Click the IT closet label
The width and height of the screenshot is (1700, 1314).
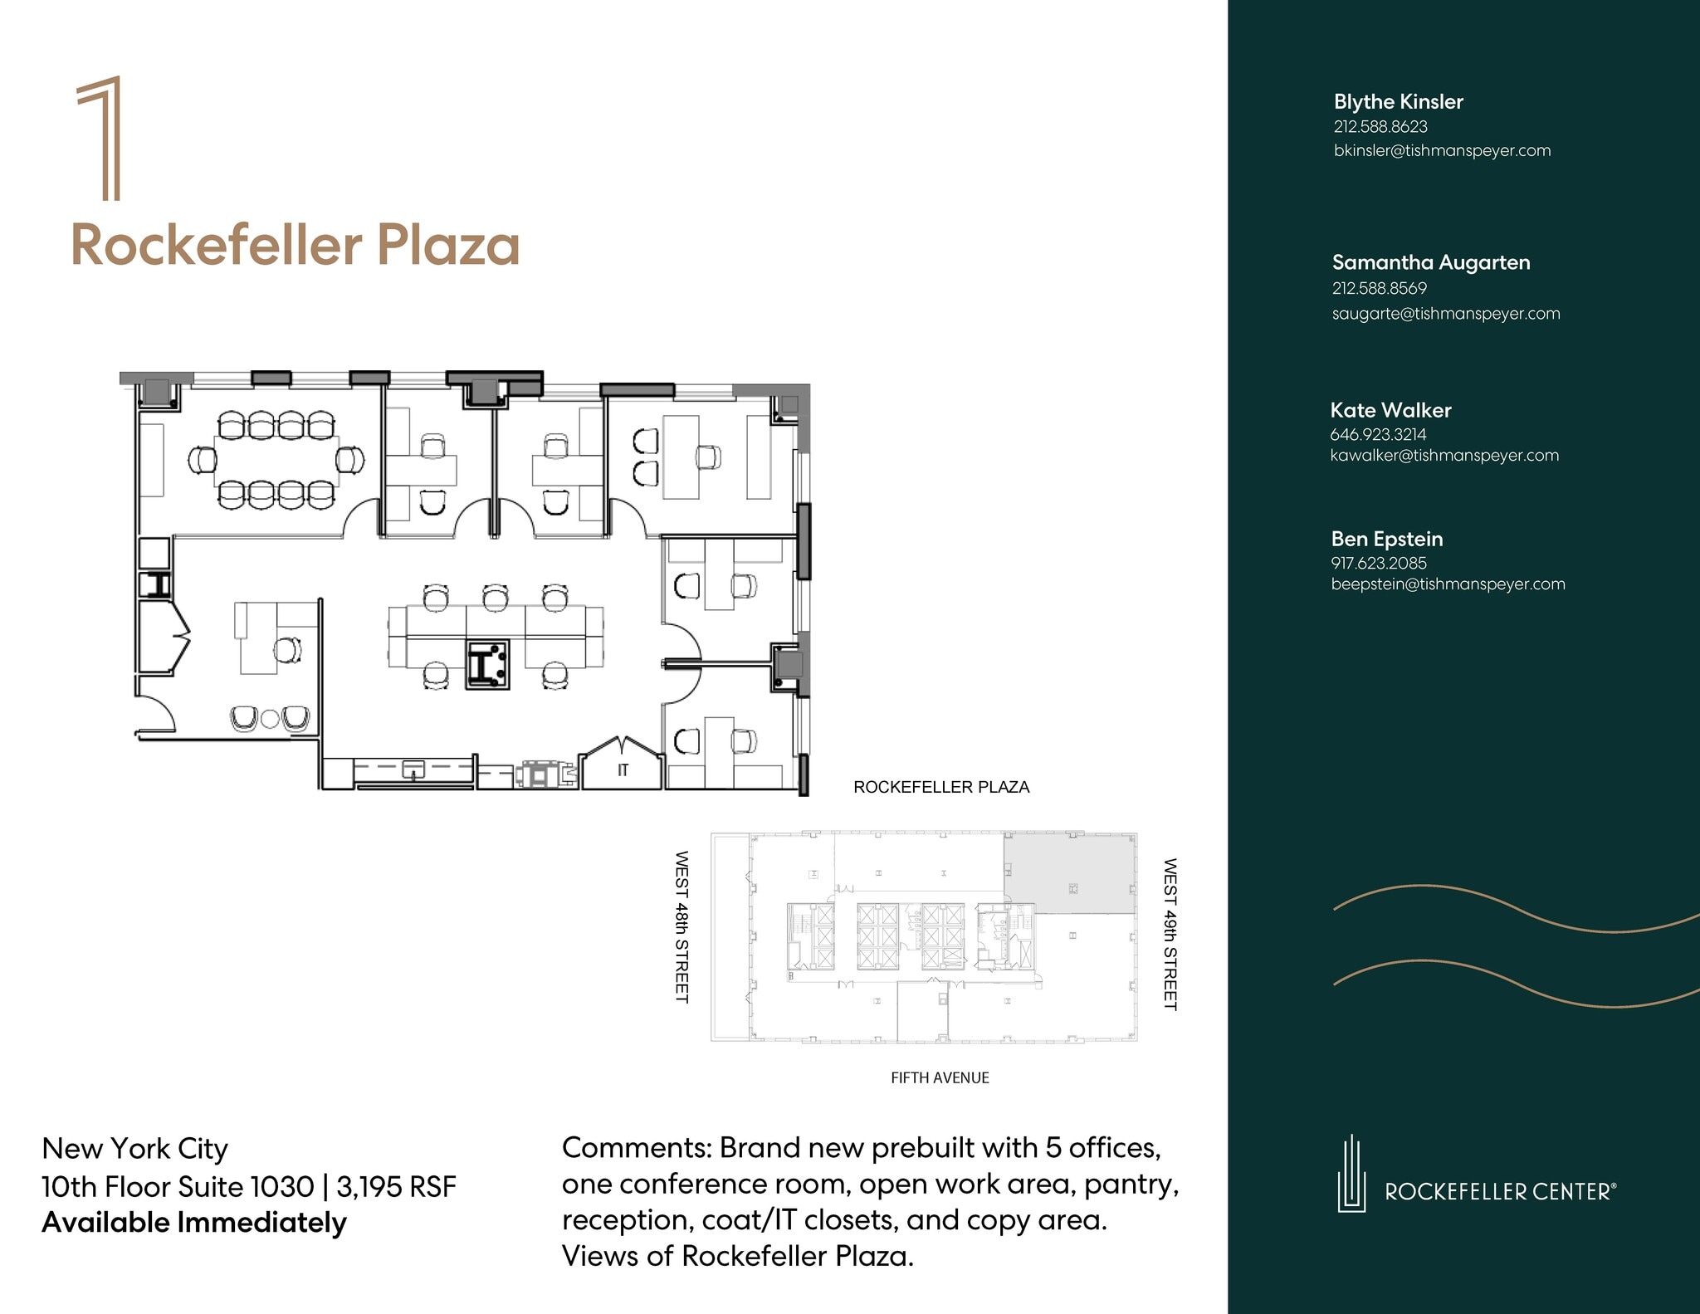coord(623,770)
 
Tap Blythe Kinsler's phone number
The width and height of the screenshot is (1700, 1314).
coord(1380,127)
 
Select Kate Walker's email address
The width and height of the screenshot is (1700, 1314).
coord(1444,455)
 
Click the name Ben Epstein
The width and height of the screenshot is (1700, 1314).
coord(1387,539)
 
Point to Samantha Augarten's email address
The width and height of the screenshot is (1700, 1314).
coord(1446,314)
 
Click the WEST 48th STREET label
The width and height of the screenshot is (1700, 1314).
coord(681,926)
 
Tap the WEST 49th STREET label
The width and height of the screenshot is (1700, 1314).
coord(1170,934)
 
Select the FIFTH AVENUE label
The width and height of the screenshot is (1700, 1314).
coord(940,1077)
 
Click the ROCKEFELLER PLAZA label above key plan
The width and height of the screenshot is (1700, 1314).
coord(941,787)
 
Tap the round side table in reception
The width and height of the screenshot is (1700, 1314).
coord(271,719)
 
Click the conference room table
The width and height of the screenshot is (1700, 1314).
coord(276,460)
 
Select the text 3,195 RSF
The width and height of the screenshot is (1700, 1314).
coord(397,1186)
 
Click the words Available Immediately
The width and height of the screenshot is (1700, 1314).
coord(194,1223)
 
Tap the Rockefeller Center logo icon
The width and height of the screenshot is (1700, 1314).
coord(1351,1173)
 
